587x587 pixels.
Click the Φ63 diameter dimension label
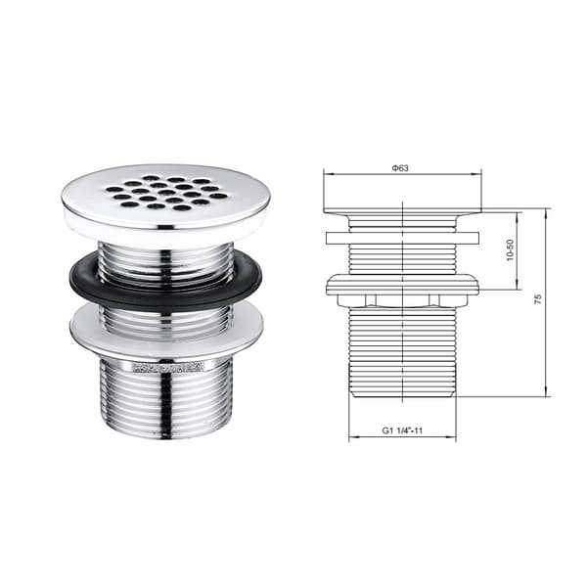tap(400, 168)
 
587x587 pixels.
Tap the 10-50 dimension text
tap(510, 249)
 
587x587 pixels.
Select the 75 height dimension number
tap(538, 298)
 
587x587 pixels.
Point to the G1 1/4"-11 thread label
tap(402, 430)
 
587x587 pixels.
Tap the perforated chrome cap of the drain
tap(166, 197)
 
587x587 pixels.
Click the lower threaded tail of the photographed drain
tap(165, 397)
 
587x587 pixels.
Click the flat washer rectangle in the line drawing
tap(402, 238)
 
